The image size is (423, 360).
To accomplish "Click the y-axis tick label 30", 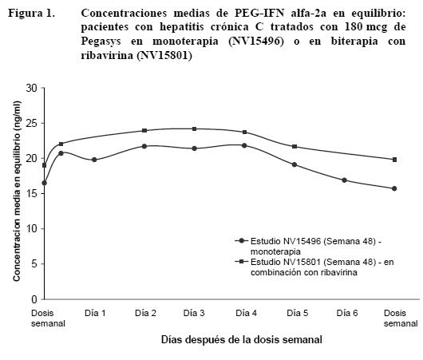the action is point(32,88).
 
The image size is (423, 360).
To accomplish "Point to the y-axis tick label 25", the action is point(32,124).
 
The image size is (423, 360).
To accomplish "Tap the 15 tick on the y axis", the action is point(32,193).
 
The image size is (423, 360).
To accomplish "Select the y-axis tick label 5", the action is point(34,264).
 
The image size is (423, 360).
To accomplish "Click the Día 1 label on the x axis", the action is point(95,313).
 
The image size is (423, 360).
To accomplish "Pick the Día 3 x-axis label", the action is point(194,313).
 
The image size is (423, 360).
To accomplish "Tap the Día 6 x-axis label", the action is point(347,313).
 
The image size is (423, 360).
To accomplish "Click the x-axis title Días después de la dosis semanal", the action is point(242,339).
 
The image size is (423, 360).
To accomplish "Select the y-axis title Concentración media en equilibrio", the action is point(17,191).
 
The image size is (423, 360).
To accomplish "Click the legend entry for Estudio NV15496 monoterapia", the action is point(307,246).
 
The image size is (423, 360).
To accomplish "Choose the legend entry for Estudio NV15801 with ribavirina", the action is point(314,267).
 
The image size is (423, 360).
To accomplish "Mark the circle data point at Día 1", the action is point(94,160).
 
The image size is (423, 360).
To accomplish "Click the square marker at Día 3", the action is point(194,129).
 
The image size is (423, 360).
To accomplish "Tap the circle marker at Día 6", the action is point(344,180).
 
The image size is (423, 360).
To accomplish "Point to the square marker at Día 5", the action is point(295,147).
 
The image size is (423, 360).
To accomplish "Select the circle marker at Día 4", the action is point(244,145).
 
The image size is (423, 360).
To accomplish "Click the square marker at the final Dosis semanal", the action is point(395,160).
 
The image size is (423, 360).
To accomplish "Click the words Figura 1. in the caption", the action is point(31,14).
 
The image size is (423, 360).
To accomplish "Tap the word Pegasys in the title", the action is point(101,42).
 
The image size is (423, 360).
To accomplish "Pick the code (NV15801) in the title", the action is point(164,56).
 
